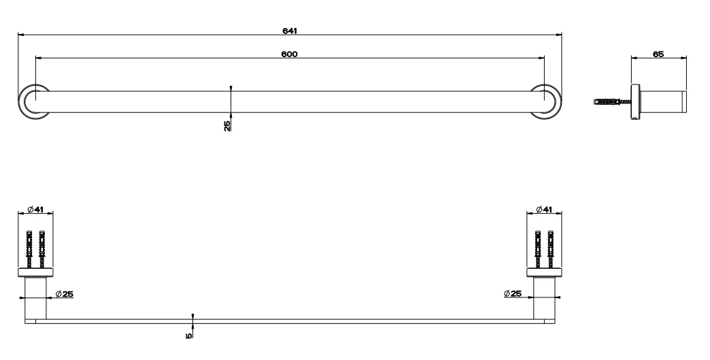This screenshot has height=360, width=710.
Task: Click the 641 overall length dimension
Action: coord(289,31)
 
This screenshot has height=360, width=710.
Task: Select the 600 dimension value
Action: coord(289,53)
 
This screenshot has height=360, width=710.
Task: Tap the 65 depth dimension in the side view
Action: coord(658,53)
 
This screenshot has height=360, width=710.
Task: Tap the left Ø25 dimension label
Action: coord(65,293)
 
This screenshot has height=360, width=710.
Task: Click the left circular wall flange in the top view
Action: coord(32,101)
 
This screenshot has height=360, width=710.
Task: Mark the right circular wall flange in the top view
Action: coord(546,101)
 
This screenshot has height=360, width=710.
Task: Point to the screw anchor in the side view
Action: coord(611,103)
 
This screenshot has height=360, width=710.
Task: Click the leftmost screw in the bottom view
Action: coord(29,248)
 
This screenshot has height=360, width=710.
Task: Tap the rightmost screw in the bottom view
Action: coord(551,248)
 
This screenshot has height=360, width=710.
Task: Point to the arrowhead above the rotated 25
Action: coord(231,88)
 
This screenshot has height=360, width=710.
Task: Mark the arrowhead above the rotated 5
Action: coord(193,316)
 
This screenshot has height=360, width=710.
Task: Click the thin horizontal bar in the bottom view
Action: coord(289,321)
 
